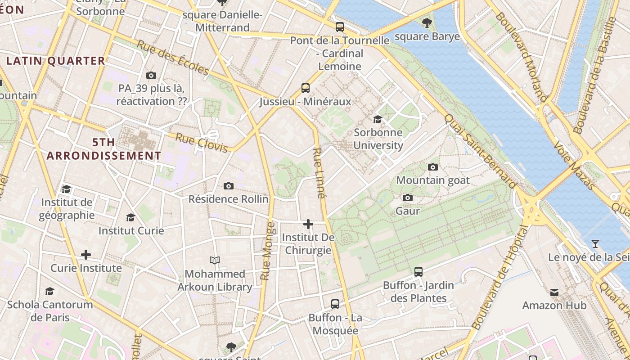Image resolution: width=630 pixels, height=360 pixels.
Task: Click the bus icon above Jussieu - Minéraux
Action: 306,88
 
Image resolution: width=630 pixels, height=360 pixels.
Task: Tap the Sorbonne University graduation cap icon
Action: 378,119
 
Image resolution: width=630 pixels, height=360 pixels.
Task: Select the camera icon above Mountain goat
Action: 432,167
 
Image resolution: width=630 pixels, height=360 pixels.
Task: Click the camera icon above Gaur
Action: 408,198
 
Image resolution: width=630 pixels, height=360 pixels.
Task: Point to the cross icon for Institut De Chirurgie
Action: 308,224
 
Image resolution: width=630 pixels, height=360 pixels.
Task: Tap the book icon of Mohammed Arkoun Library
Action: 215,260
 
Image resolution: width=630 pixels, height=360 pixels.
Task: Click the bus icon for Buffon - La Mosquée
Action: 335,304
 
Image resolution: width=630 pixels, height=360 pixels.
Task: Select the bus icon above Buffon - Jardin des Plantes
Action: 418,271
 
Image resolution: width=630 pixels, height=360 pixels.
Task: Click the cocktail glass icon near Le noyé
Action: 595,244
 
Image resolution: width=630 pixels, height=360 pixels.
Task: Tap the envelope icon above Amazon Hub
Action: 554,292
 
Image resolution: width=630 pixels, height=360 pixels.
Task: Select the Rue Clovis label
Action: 201,143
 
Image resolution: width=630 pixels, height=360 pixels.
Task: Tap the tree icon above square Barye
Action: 427,22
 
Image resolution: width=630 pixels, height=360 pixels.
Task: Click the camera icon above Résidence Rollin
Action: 229,186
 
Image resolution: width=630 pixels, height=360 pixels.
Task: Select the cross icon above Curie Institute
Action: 86,255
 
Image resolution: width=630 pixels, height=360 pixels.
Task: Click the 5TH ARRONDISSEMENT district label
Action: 104,149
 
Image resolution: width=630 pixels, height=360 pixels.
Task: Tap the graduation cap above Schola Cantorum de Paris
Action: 49,292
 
